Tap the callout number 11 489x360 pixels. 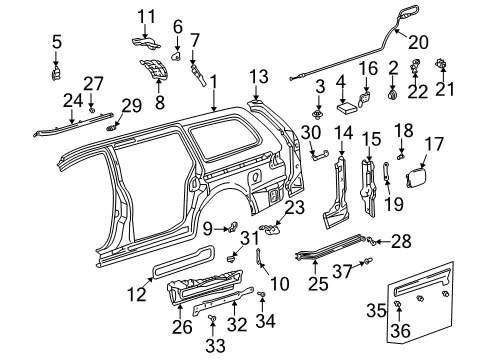point(147,15)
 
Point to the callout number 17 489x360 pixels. point(436,144)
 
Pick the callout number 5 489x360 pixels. point(57,41)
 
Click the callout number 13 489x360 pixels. point(259,76)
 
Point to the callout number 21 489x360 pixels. point(443,90)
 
